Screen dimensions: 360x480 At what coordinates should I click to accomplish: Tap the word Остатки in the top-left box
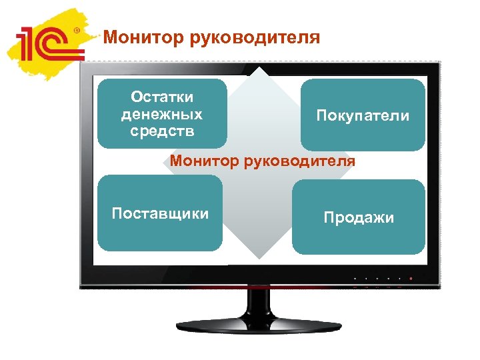click(162, 97)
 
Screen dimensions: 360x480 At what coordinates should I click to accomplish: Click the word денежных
click(162, 114)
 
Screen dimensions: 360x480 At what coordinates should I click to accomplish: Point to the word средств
click(162, 130)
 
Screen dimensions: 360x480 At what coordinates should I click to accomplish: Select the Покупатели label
click(363, 116)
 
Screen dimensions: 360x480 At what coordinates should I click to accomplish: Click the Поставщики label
click(160, 213)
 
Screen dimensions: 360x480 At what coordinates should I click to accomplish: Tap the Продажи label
click(359, 217)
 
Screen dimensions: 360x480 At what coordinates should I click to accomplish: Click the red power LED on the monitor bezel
click(411, 278)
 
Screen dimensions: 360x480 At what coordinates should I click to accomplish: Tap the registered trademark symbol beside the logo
click(77, 31)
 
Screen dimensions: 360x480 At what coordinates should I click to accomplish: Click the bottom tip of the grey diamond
click(259, 259)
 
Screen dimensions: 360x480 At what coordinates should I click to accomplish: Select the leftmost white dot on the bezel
click(355, 278)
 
